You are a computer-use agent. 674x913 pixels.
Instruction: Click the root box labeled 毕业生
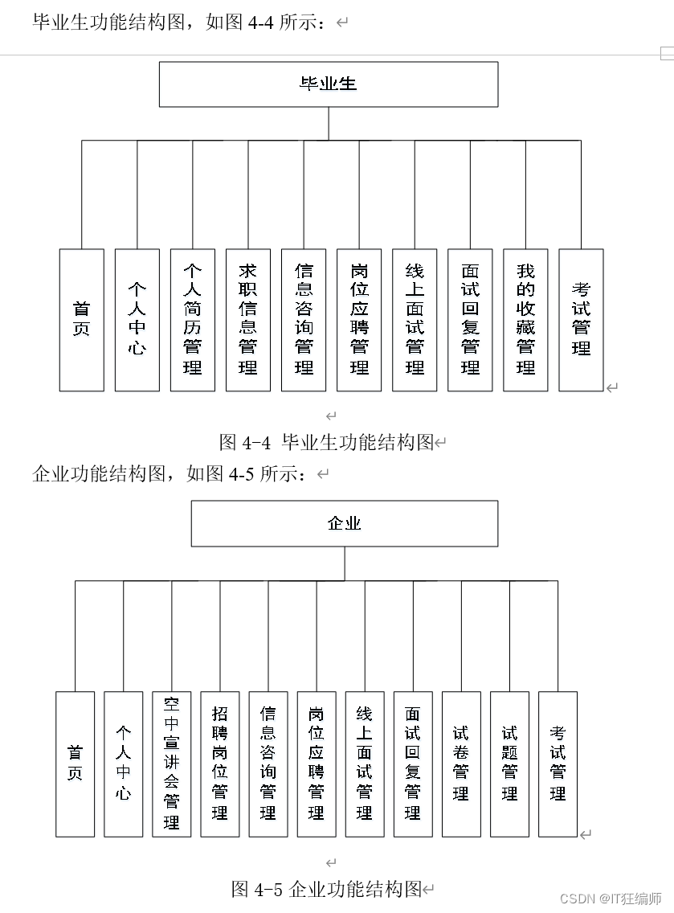pyautogui.click(x=328, y=84)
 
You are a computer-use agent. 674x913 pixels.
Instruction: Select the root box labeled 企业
pyautogui.click(x=344, y=523)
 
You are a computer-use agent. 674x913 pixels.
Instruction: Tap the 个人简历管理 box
pyautogui.click(x=193, y=320)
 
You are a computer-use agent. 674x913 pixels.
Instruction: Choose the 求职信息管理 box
pyautogui.click(x=248, y=320)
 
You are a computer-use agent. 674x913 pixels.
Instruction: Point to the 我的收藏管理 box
pyautogui.click(x=525, y=320)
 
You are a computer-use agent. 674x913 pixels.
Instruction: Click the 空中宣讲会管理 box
pyautogui.click(x=172, y=764)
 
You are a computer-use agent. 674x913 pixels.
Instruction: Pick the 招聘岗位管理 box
pyautogui.click(x=220, y=764)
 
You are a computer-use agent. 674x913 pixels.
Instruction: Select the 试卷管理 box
pyautogui.click(x=461, y=764)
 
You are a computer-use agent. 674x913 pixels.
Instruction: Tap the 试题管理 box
pyautogui.click(x=509, y=764)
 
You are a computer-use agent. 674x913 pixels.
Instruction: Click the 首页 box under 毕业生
pyautogui.click(x=82, y=320)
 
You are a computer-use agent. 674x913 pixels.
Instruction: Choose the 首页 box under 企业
pyautogui.click(x=76, y=764)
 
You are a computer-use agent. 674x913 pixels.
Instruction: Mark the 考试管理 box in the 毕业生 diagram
pyautogui.click(x=581, y=320)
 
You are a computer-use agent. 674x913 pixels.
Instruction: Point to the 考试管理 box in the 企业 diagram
pyautogui.click(x=558, y=764)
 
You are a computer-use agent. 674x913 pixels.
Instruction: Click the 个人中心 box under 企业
pyautogui.click(x=124, y=764)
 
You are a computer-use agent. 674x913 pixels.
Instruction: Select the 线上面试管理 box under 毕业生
pyautogui.click(x=415, y=320)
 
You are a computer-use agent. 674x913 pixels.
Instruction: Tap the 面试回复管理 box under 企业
pyautogui.click(x=413, y=764)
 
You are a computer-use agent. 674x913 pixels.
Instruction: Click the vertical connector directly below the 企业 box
pyautogui.click(x=345, y=563)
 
